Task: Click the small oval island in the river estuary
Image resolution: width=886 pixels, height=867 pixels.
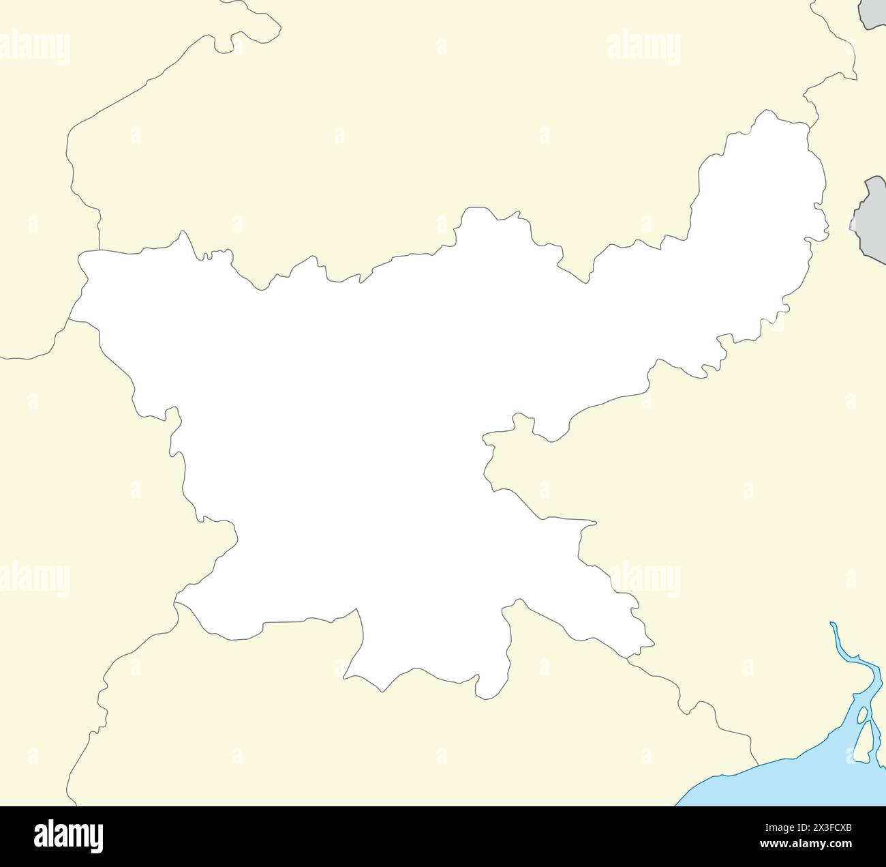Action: [x=863, y=716]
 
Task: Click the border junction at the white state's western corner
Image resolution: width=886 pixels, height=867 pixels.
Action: [x=70, y=319]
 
